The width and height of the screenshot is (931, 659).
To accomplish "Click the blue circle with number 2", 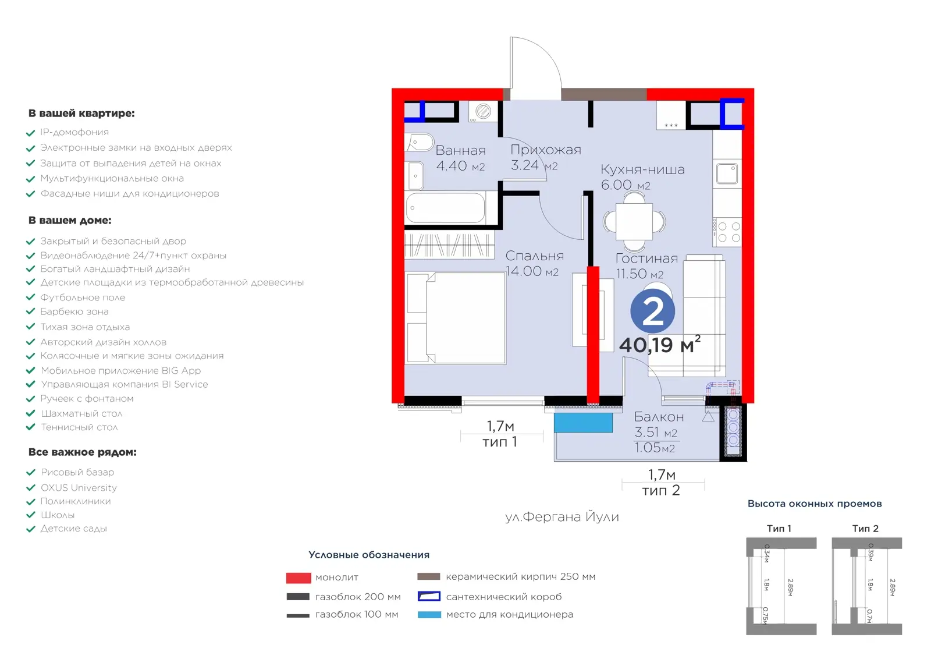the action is pos(652,311).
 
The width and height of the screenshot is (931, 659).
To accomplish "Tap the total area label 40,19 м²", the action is pos(660,345).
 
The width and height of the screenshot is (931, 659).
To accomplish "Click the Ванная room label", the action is pos(460,150).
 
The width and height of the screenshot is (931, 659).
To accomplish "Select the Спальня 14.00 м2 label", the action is pos(535,263).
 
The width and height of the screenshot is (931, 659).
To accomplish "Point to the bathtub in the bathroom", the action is pos(446,208).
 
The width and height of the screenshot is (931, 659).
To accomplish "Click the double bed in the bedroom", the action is pos(456,318).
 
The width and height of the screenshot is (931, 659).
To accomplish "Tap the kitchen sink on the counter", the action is pos(727,173).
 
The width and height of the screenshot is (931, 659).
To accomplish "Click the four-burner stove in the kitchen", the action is pos(727,232).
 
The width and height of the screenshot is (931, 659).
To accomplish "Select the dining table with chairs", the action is pos(634,222).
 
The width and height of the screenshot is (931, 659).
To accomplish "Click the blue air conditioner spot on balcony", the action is pos(583,423).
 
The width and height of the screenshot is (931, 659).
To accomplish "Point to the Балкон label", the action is pos(659,417).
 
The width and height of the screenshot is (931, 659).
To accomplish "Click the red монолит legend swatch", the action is pos(299,577).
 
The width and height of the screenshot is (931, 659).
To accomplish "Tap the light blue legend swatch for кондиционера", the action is pos(429,615).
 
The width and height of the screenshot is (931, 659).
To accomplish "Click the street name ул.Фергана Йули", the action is pos(562,516).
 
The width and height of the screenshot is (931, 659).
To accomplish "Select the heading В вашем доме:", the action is pos(70,221).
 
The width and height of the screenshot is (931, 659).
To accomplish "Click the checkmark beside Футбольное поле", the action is pos(30,297).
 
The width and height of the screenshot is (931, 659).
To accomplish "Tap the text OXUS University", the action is pos(79,487).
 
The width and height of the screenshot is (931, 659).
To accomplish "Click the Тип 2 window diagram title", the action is pos(865,529).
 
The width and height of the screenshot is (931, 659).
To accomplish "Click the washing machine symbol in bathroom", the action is pos(482,111).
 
